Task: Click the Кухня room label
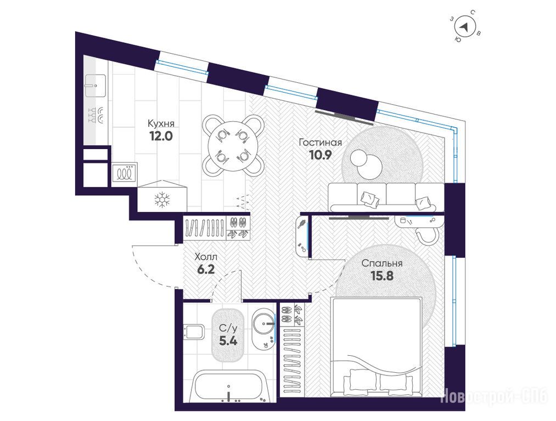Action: [161, 123]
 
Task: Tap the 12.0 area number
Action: [161, 136]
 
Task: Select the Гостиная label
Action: [320, 143]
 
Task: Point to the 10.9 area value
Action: [320, 155]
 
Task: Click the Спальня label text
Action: [382, 264]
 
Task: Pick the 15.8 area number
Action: [382, 276]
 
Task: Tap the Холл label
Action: [206, 257]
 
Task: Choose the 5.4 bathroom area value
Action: [228, 341]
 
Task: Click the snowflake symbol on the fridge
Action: [162, 200]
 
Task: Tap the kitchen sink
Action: [95, 86]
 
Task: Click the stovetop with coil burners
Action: [125, 173]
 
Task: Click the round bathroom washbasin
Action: [264, 323]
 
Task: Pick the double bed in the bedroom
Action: [376, 346]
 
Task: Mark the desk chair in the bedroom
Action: [426, 235]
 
